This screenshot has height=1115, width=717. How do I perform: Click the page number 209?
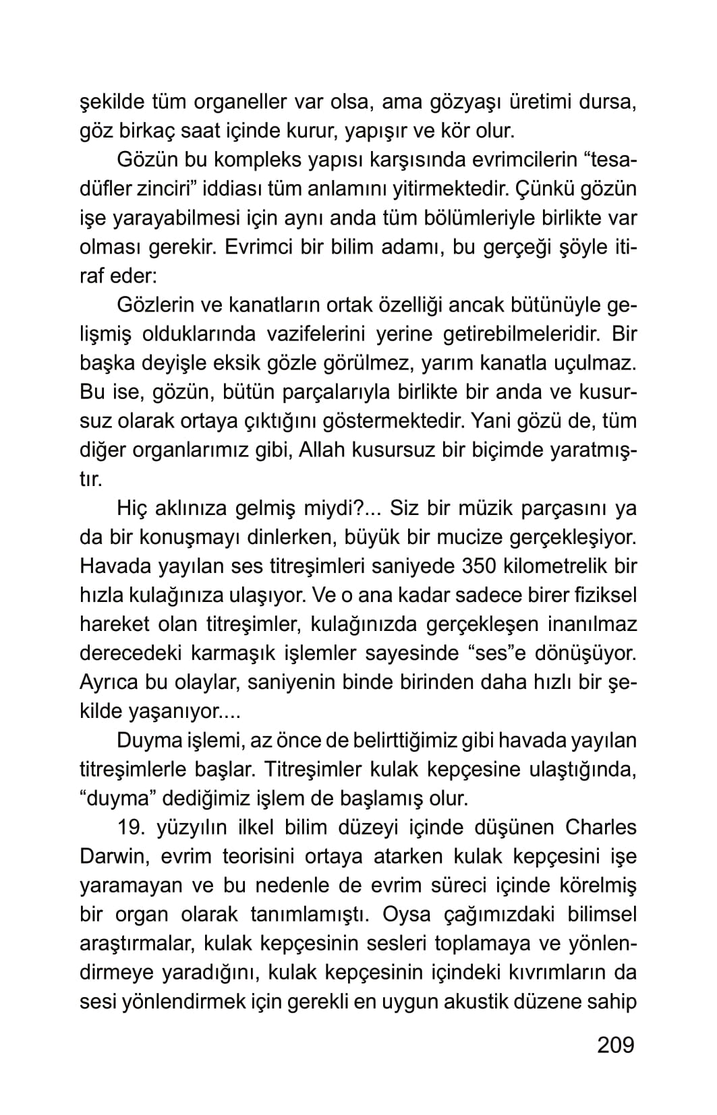click(616, 1044)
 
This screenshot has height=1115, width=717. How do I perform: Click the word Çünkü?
click(549, 189)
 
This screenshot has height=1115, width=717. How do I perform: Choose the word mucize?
click(471, 537)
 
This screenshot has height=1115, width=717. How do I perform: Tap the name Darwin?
click(111, 856)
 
